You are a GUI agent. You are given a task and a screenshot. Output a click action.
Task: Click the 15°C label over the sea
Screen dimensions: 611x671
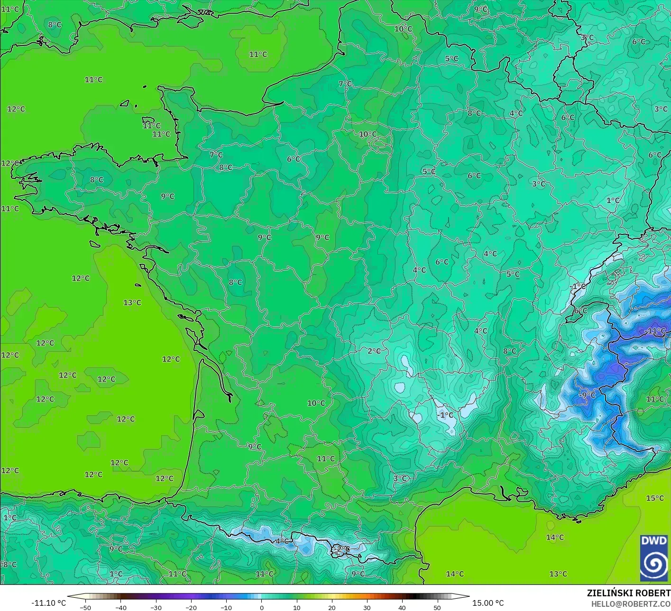point(655,498)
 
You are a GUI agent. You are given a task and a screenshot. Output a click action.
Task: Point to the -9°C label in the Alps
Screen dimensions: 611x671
point(587,395)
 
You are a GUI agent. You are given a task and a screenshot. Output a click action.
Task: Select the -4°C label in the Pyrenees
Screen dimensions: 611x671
point(281,541)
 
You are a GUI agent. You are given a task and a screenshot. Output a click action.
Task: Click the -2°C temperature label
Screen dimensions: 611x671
point(340,549)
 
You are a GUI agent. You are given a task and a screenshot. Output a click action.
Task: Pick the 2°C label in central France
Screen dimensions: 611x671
point(374,351)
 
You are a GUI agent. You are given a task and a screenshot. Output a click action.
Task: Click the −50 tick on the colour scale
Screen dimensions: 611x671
point(85,607)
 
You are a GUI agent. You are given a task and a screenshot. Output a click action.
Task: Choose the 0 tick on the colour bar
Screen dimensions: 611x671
point(261,607)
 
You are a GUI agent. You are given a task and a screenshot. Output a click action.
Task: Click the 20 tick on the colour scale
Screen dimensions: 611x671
point(331,607)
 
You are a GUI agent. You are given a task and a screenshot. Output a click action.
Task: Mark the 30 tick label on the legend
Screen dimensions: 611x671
point(367,607)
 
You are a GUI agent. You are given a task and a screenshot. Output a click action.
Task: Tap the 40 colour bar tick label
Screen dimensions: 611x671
point(402,607)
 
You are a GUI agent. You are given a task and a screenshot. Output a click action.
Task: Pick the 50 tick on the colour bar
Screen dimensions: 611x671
point(437,607)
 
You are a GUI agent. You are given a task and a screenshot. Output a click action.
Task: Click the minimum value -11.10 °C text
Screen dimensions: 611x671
point(48,603)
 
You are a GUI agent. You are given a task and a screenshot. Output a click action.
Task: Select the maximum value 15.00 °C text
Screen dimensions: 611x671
point(488,603)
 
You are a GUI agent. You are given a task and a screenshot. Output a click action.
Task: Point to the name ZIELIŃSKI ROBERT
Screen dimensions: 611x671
point(628,593)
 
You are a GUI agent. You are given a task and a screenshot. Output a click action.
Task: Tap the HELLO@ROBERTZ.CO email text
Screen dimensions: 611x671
point(631,603)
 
